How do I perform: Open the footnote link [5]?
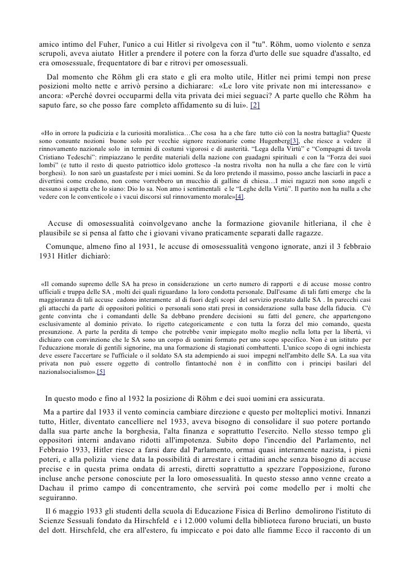(x=100, y=373)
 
